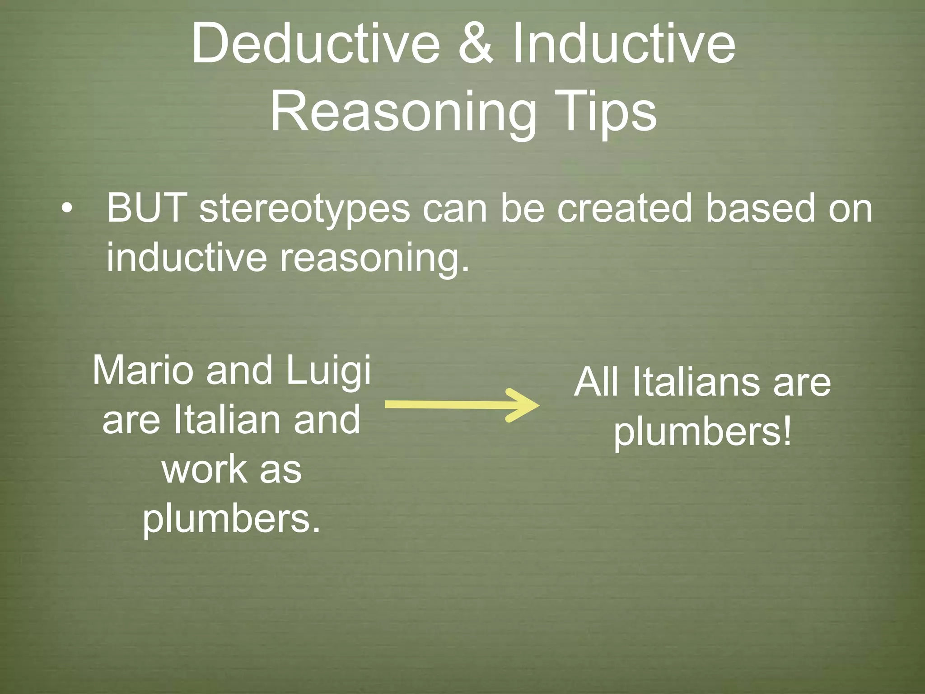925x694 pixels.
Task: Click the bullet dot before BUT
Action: click(67, 209)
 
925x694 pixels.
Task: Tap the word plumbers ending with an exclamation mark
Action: click(702, 432)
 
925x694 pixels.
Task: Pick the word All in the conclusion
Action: click(597, 382)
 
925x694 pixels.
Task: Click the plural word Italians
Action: click(696, 382)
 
